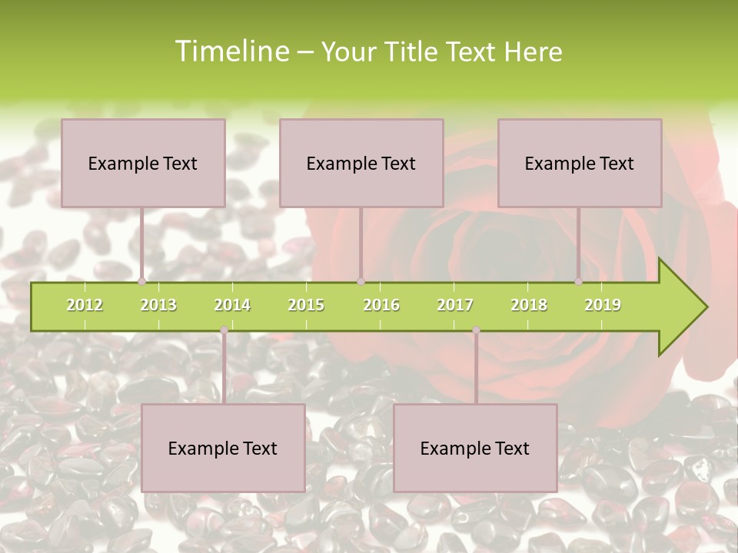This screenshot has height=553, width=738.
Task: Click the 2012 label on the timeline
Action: click(x=85, y=305)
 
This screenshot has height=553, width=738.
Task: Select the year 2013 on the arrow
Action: click(x=158, y=305)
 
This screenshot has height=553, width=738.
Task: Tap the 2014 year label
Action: click(x=232, y=305)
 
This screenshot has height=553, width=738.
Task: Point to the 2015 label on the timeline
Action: click(x=306, y=305)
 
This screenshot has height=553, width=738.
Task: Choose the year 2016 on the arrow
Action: click(x=381, y=305)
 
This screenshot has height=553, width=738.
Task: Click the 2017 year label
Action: click(x=455, y=305)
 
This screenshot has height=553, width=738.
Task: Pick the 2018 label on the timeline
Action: click(x=529, y=305)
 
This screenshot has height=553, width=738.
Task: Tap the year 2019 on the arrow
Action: click(x=603, y=305)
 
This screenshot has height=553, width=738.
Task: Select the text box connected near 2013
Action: click(x=143, y=163)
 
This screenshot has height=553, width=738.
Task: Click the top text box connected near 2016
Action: click(x=361, y=163)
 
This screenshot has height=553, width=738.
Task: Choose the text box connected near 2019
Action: click(x=580, y=163)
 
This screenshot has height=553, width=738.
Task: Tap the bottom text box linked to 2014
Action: click(x=223, y=448)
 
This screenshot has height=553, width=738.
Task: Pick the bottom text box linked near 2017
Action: click(x=475, y=448)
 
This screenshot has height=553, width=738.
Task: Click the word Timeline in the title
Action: click(x=231, y=51)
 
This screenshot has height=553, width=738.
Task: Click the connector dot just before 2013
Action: click(x=142, y=281)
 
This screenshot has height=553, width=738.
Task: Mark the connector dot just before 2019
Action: click(x=579, y=281)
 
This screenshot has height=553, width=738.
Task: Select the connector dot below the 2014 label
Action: click(x=224, y=329)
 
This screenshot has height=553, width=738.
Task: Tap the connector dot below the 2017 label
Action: click(x=476, y=329)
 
